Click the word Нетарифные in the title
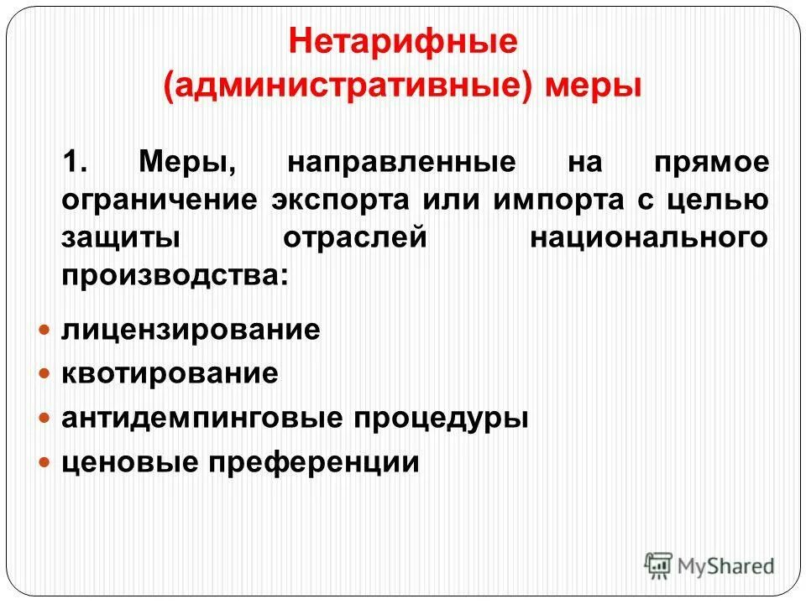403,42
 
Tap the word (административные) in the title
348,86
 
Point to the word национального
648,237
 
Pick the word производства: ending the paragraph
174,276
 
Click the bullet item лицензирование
191,330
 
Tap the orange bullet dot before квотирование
47,373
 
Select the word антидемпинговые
197,418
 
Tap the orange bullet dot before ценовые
47,462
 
